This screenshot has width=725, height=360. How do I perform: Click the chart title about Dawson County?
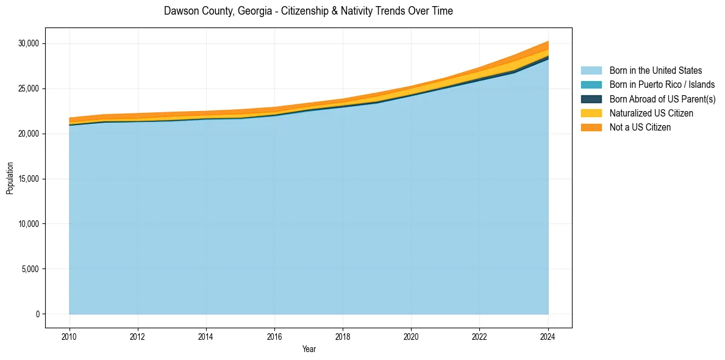pyautogui.click(x=309, y=11)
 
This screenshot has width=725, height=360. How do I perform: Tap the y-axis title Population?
pyautogui.click(x=10, y=178)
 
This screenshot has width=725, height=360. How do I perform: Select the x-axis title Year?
pyautogui.click(x=309, y=349)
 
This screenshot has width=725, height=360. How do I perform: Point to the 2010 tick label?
pyautogui.click(x=70, y=336)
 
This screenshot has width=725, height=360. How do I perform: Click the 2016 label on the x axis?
pyautogui.click(x=274, y=336)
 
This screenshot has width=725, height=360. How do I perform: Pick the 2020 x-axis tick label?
pyautogui.click(x=412, y=336)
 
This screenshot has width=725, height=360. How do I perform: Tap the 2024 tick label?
pyautogui.click(x=548, y=336)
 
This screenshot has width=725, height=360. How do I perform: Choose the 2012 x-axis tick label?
pyautogui.click(x=138, y=336)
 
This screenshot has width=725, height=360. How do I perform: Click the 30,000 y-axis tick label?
pyautogui.click(x=28, y=43)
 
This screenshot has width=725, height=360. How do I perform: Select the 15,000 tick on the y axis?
pyautogui.click(x=28, y=179)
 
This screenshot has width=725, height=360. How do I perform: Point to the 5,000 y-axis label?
pyautogui.click(x=30, y=269)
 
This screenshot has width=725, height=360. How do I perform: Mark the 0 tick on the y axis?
pyautogui.click(x=37, y=314)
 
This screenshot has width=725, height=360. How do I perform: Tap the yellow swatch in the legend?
pyautogui.click(x=591, y=113)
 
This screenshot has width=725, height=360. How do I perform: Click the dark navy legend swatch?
pyautogui.click(x=591, y=99)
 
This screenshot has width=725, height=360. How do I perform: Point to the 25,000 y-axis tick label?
pyautogui.click(x=28, y=88)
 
